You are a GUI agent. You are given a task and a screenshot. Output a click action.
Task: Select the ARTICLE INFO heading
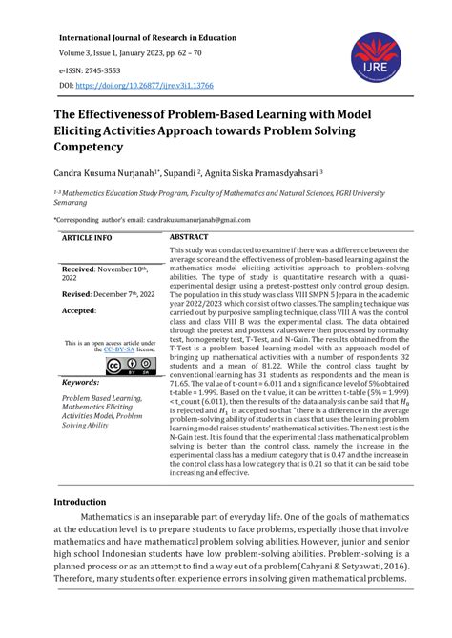pyautogui.click(x=87, y=237)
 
